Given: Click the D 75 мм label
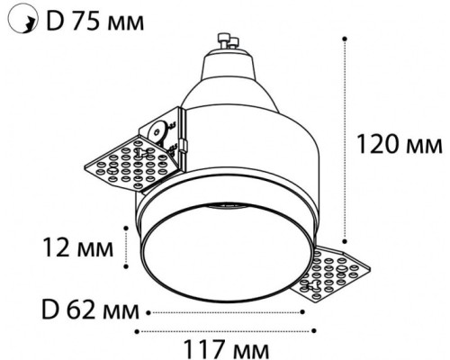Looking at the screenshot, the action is [94, 22].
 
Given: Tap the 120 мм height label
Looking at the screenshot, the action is [400, 145].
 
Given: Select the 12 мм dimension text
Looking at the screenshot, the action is [78, 247].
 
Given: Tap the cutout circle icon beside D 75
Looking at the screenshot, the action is [23, 18].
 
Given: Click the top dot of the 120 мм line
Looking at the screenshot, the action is [345, 39].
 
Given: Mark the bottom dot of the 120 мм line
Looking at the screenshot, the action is [345, 241].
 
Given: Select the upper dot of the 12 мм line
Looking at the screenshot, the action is [126, 228].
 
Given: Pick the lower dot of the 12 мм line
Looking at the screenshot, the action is [126, 266].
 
